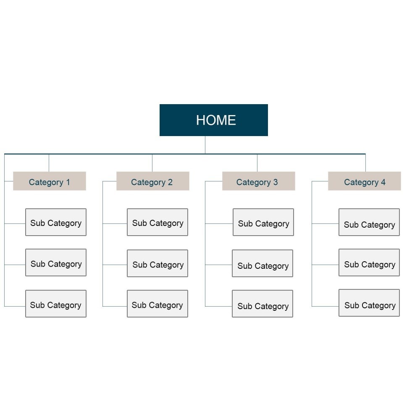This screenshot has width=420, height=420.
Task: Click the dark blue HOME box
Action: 213,120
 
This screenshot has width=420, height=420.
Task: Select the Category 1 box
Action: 50,181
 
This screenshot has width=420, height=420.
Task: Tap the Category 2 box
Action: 153,181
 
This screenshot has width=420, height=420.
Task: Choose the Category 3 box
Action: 258,181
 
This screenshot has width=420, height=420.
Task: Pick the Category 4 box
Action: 364,181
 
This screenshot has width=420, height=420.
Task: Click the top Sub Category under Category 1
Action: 56,222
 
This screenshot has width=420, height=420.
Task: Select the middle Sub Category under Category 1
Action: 56,262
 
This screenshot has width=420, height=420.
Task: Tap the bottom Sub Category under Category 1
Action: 56,304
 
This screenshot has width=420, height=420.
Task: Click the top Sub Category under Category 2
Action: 157,222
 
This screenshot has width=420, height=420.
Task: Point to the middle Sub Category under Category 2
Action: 157,263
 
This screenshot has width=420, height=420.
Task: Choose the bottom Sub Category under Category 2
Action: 157,304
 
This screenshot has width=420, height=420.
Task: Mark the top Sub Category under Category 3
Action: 263,222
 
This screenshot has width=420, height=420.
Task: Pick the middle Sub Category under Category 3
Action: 262,263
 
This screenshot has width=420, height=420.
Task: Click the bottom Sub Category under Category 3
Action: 262,304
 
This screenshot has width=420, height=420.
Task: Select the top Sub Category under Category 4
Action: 369,222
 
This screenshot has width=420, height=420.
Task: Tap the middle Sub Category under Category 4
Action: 369,262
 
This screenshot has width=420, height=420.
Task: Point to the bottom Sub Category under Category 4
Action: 369,303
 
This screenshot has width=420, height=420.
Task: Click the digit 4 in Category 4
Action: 383,182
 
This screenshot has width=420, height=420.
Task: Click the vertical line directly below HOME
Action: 205,145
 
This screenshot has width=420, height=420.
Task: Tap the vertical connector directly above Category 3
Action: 257,163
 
